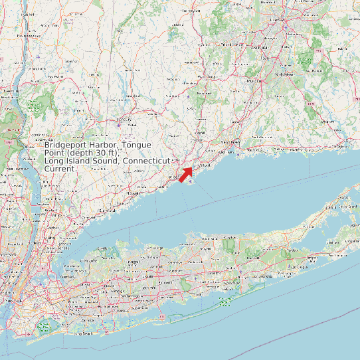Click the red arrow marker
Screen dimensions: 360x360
click(186, 175)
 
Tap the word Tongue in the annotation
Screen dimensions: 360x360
click(136, 145)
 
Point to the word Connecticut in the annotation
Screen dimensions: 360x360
click(147, 161)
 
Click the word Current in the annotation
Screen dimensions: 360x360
click(60, 169)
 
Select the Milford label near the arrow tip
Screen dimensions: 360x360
click(205, 163)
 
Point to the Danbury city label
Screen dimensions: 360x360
click(124, 120)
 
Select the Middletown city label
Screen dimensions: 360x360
click(284, 74)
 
